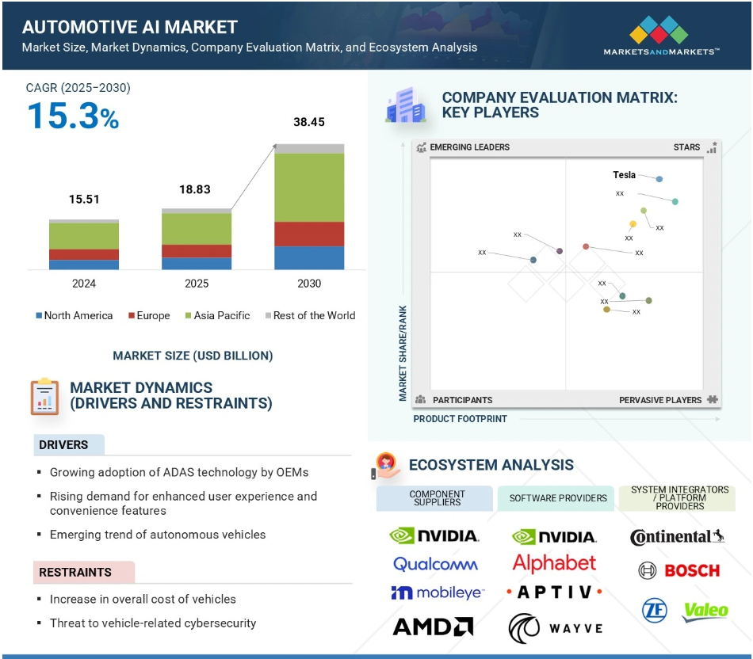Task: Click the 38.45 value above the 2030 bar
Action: (309, 123)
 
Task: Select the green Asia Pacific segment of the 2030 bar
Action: (309, 187)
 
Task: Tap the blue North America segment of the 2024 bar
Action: (84, 265)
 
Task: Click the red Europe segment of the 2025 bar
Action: (197, 251)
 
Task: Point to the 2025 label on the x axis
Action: (197, 284)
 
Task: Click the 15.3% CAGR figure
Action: (73, 116)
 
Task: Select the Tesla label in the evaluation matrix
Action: (624, 175)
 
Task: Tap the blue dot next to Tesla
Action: (659, 180)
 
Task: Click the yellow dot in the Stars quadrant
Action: (633, 224)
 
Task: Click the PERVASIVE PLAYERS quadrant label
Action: (660, 400)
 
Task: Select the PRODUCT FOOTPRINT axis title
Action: (460, 418)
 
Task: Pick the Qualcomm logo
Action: (435, 564)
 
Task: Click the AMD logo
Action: (433, 627)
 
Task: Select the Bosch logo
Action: (679, 570)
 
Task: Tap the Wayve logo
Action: (554, 627)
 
